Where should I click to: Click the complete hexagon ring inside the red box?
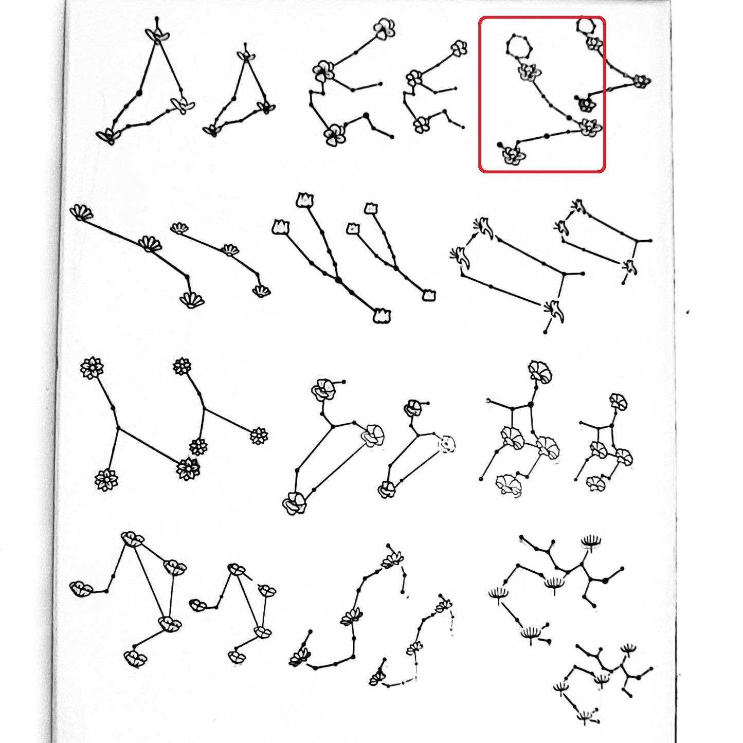518,46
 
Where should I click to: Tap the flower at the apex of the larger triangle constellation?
157,35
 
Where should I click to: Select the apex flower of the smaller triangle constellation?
247,56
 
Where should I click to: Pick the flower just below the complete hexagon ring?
529,72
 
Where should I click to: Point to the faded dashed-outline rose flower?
446,443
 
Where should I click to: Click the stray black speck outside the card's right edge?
687,311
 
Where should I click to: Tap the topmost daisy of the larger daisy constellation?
92,368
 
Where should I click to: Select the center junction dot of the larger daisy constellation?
118,428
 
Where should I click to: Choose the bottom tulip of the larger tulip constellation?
381,316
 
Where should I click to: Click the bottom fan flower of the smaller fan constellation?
262,291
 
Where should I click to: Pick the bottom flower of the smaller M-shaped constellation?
237,657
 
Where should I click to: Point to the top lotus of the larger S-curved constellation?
393,559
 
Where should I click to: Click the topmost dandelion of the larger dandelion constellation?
591,541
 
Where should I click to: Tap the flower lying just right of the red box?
640,81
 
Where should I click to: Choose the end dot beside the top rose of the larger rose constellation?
343,382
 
